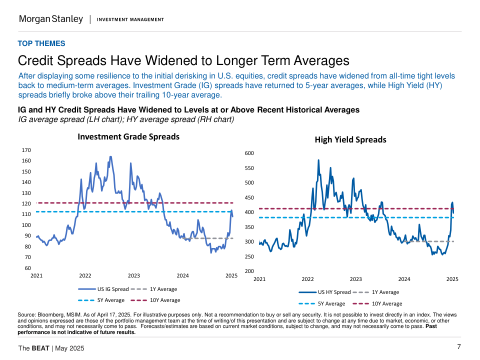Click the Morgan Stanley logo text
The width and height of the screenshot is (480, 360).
[51, 19]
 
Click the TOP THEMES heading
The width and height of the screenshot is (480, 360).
[41, 43]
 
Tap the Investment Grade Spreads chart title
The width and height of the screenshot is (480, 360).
[128, 136]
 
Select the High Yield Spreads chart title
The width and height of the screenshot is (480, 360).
[350, 139]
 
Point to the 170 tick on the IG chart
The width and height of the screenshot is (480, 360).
[26, 150]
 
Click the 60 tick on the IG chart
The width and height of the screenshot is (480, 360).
[28, 268]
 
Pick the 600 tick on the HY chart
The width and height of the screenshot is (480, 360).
[249, 153]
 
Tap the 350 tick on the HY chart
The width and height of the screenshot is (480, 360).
[249, 227]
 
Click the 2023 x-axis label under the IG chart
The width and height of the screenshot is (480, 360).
[133, 275]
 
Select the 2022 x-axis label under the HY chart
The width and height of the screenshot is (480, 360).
[307, 279]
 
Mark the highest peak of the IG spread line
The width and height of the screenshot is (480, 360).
[110, 156]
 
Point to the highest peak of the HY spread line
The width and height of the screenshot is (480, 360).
[318, 160]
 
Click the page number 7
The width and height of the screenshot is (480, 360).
[458, 347]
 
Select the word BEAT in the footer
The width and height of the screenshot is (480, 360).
[40, 348]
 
